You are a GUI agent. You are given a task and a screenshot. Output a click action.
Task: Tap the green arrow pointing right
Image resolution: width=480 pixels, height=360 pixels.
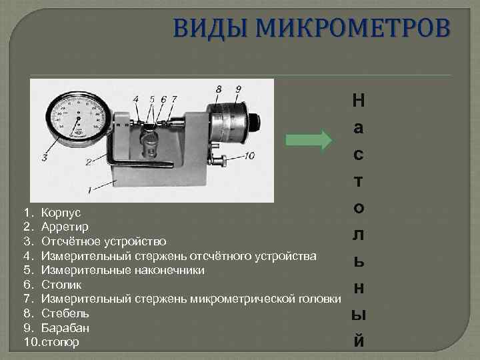click(308, 141)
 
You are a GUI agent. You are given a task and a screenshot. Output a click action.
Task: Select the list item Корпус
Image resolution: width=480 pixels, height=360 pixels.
click(61, 212)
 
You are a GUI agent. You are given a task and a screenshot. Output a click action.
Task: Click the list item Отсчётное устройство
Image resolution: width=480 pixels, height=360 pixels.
click(104, 241)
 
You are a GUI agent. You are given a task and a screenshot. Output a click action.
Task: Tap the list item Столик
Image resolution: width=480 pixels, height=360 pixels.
click(61, 285)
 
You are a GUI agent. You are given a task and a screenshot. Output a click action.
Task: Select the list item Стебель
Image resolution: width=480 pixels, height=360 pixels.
click(65, 313)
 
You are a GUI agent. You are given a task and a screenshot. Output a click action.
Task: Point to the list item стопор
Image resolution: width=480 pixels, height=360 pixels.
click(60, 343)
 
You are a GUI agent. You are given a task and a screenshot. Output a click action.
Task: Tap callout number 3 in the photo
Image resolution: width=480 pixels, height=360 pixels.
click(44, 158)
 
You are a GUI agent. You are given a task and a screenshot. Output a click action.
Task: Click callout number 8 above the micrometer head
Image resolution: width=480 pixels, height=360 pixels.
click(219, 89)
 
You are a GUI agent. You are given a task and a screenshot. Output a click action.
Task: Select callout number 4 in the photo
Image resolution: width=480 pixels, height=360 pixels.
click(136, 99)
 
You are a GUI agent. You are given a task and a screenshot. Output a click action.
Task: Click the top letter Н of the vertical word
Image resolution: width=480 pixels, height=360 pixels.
click(358, 101)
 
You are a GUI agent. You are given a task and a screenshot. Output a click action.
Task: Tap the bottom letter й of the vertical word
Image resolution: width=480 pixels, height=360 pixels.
click(359, 340)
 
